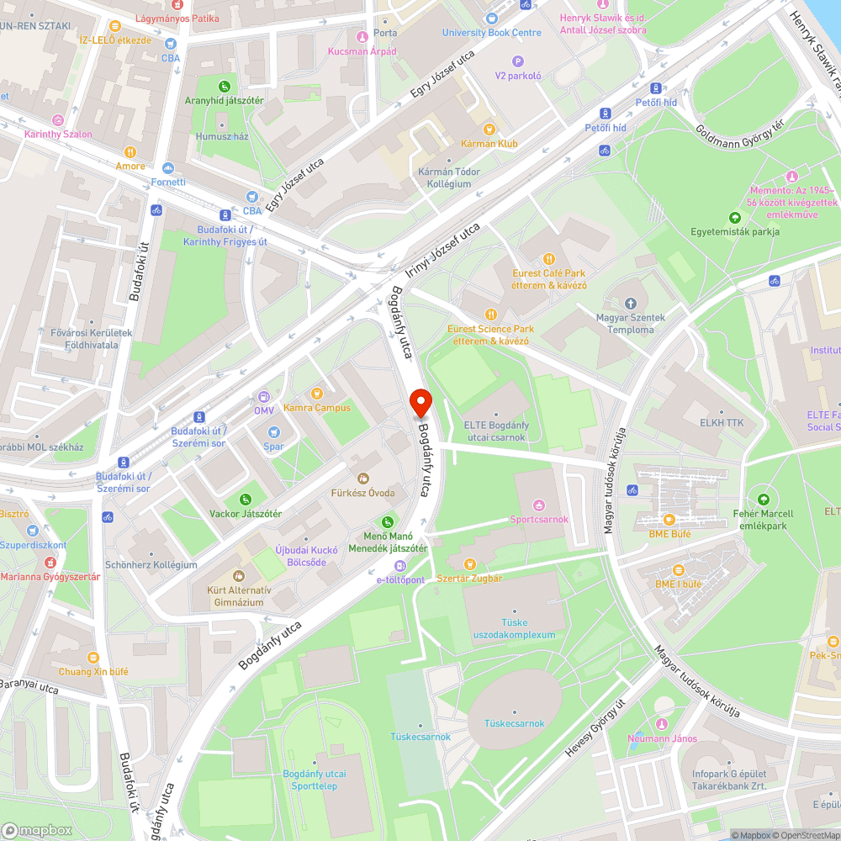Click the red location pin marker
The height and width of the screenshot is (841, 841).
click(420, 404)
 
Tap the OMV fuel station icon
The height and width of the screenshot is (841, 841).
click(264, 396)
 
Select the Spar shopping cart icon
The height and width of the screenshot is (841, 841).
click(273, 432)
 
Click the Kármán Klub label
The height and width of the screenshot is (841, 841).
click(489, 144)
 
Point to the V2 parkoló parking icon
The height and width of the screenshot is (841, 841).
click(518, 61)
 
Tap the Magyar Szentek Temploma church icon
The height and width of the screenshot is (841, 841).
click(632, 303)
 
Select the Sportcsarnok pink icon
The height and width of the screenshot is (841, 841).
click(539, 505)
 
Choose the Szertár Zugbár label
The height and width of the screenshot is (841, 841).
click(469, 579)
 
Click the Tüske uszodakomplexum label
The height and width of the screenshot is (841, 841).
click(515, 628)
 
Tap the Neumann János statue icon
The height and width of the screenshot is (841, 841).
click(662, 725)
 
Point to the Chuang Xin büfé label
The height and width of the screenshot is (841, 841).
click(93, 672)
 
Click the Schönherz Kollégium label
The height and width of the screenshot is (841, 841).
click(151, 565)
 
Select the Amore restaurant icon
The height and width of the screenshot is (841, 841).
click(130, 152)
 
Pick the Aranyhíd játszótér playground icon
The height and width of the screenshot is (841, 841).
click(225, 86)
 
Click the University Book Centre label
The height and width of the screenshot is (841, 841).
click(492, 33)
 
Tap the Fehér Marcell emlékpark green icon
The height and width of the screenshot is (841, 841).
click(764, 499)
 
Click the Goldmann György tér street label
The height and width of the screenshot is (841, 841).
click(739, 135)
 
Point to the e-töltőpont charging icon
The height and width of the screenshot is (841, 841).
click(400, 566)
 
